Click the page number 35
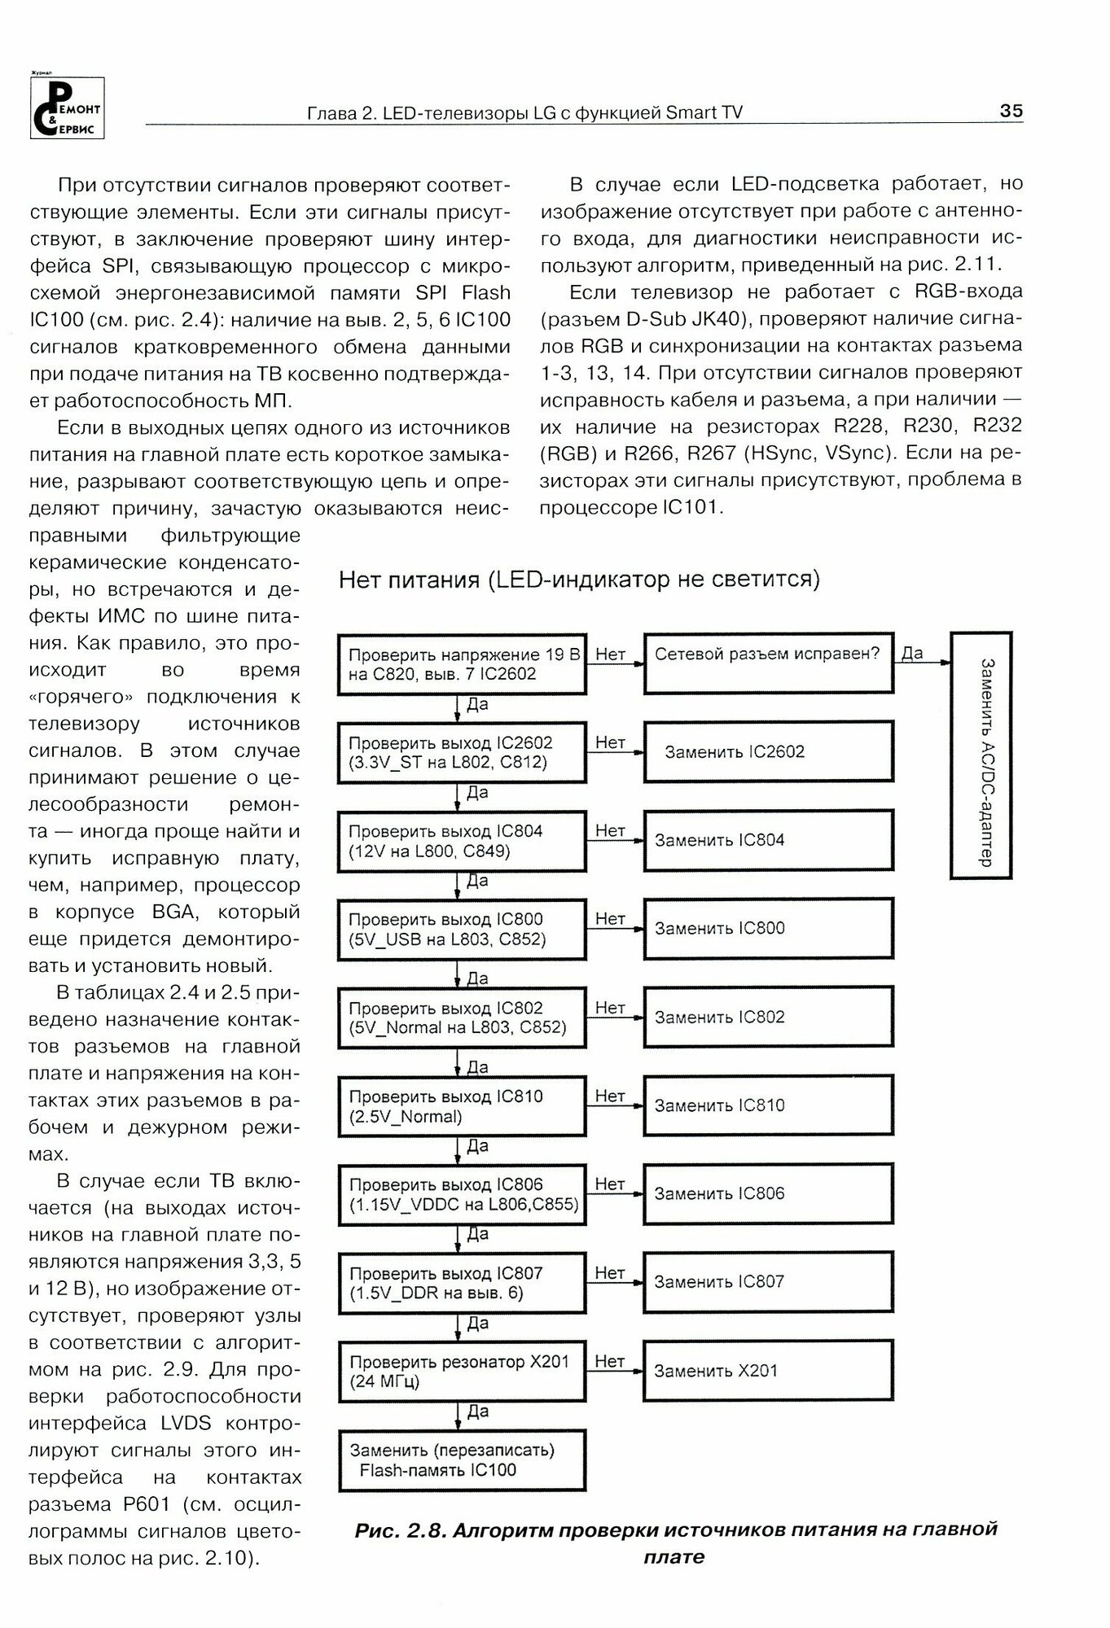pos(1010,111)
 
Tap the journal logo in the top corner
pos(67,107)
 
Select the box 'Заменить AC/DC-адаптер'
pos(981,755)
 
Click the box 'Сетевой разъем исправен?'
pos(768,663)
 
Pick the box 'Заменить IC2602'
pos(768,752)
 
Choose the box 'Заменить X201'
pos(768,1371)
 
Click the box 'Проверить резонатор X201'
pos(462,1371)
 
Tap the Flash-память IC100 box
pos(462,1460)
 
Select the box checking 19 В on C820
pos(462,664)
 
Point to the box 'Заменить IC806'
pos(768,1194)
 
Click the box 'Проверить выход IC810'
pos(462,1106)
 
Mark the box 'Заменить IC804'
pos(768,840)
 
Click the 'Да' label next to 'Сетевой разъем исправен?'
pos(913,653)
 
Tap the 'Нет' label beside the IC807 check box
pos(610,1272)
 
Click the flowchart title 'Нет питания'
pos(579,579)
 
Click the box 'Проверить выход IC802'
pos(462,1017)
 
